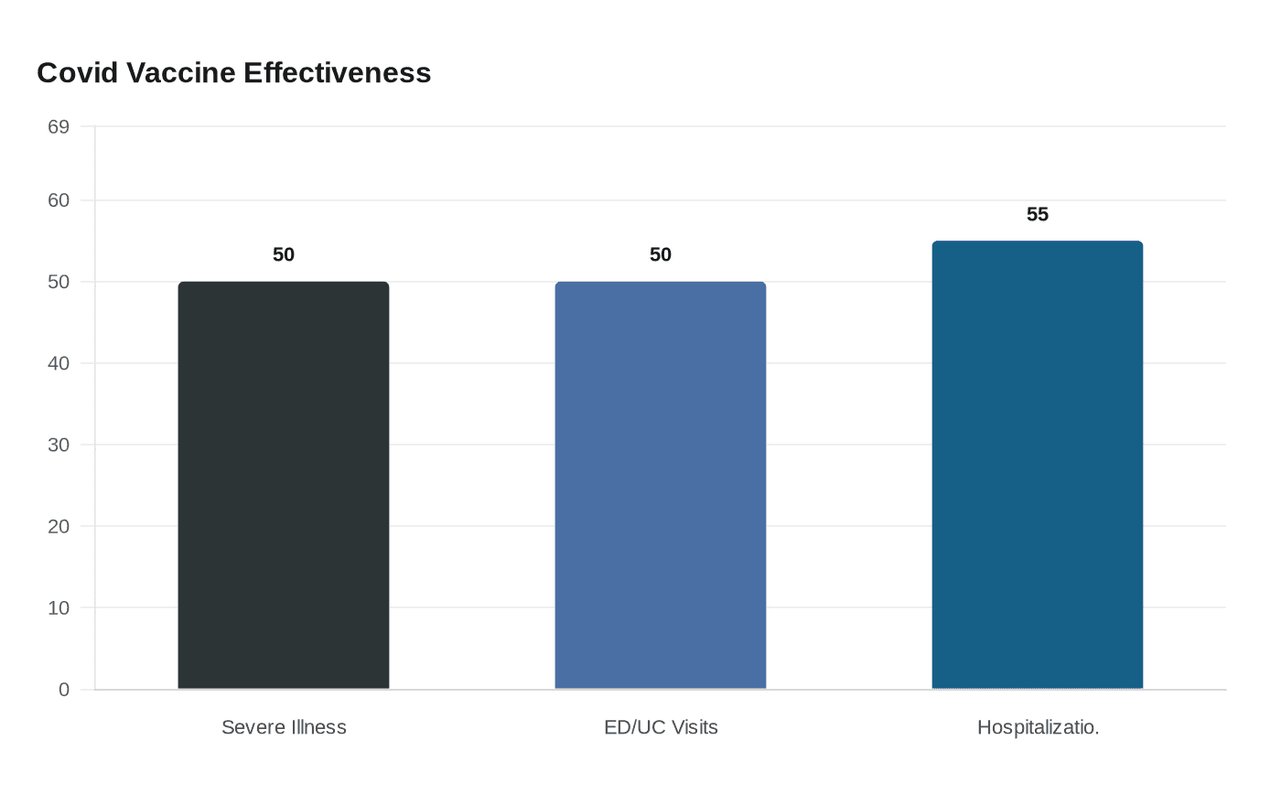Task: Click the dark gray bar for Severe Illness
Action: (284, 485)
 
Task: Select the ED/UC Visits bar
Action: (661, 485)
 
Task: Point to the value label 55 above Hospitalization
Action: (1038, 215)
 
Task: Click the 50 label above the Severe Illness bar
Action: (284, 255)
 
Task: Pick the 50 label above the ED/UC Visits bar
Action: (661, 255)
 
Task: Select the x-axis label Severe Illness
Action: (284, 727)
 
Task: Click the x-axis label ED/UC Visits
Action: (661, 727)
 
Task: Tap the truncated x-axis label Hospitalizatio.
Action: (1038, 727)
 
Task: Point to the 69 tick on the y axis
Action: (59, 127)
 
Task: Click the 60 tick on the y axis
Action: (59, 200)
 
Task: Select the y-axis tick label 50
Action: (59, 282)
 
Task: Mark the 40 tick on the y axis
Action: (59, 363)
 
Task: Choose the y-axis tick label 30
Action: (59, 445)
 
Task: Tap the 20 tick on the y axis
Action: (59, 526)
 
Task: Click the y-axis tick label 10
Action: (59, 607)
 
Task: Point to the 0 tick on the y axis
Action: (64, 690)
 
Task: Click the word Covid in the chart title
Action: (77, 73)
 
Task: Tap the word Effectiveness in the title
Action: (338, 73)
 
